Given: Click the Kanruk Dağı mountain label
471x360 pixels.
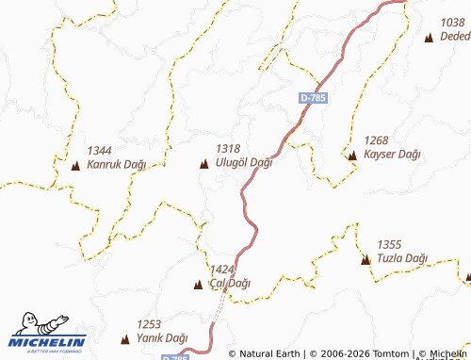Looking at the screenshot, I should tap(117, 164).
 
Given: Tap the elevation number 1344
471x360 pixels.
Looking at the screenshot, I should tap(99, 151).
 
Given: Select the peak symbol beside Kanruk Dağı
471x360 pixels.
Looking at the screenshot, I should tap(75, 166).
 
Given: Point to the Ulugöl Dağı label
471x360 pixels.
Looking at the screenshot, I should tap(244, 163).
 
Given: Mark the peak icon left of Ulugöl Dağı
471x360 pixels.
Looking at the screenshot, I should tap(204, 165).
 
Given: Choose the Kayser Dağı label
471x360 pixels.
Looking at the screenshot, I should tap(392, 155).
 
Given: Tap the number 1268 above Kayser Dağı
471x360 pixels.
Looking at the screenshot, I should tap(376, 140).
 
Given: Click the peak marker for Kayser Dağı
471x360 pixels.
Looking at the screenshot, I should tap(352, 155).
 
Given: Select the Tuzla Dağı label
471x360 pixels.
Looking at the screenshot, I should tap(402, 258).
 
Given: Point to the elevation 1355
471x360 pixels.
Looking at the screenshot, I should tap(389, 244).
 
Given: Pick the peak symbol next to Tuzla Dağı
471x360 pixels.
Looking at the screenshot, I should tap(365, 259).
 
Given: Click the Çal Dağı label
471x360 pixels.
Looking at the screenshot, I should tap(230, 284).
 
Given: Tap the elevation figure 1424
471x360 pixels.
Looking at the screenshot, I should tap(222, 270).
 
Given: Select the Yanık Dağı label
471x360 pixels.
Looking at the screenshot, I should tap(162, 338).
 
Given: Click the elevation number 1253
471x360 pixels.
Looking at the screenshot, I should tap(150, 324).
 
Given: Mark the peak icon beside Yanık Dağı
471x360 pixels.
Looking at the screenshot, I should tap(126, 338).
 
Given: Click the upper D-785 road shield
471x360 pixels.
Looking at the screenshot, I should tap(313, 97).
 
